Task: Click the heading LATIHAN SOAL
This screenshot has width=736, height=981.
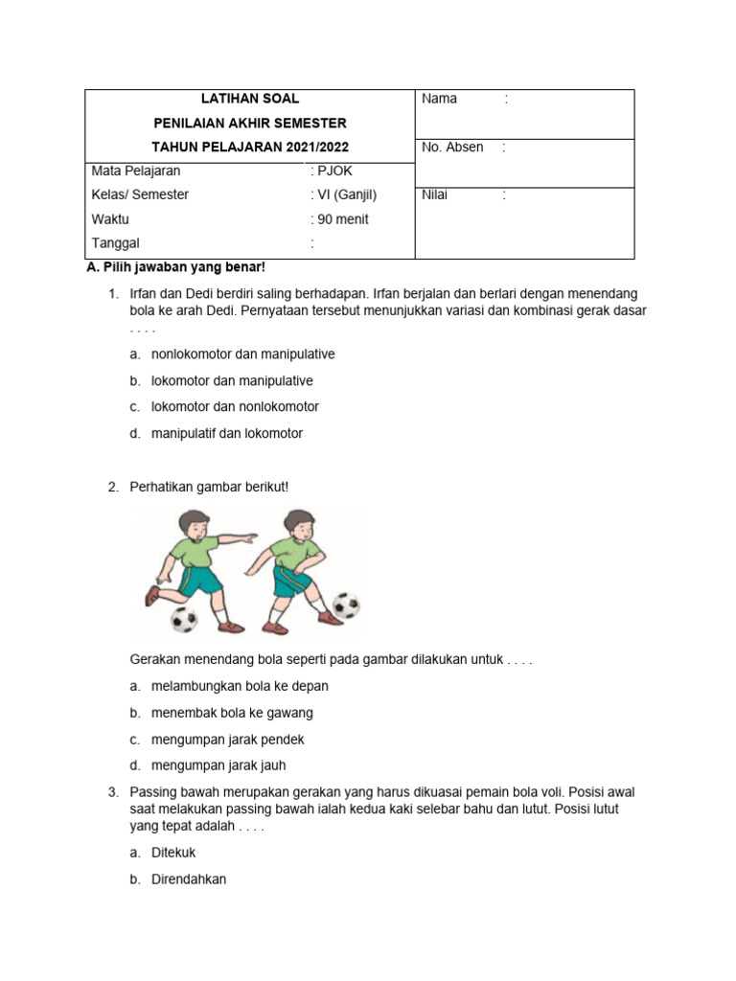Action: (x=250, y=99)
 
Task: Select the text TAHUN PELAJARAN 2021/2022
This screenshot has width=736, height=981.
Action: (x=250, y=148)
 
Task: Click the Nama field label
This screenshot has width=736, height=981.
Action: (x=439, y=99)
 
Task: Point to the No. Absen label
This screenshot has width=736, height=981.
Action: (x=452, y=148)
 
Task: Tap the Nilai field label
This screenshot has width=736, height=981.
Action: (x=434, y=195)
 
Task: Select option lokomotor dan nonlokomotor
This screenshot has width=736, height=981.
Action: (x=235, y=407)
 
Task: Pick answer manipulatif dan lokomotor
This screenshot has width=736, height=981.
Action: (x=226, y=434)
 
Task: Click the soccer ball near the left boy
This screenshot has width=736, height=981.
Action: (x=183, y=619)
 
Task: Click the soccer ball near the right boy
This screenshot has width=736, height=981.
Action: (x=346, y=605)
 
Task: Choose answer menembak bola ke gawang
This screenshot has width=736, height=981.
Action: (x=232, y=714)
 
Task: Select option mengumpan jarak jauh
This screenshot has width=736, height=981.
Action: (x=218, y=766)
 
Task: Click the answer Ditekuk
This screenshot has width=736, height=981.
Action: (x=173, y=853)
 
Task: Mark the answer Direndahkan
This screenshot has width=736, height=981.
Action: (x=189, y=879)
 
